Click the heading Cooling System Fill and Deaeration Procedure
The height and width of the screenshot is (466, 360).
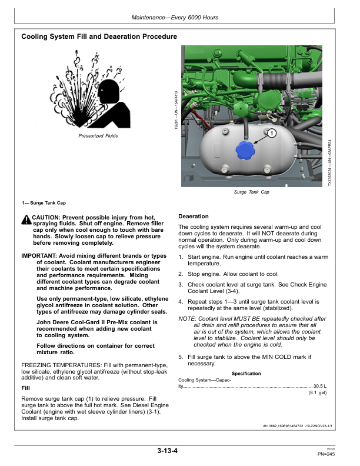click(99, 37)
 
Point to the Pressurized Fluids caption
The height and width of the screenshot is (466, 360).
click(98, 136)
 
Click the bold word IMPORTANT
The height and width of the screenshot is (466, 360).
click(39, 257)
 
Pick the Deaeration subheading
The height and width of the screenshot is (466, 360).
click(194, 217)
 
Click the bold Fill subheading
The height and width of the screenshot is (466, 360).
click(25, 388)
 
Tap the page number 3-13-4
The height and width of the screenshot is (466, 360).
click(168, 451)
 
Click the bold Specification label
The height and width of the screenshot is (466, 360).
click(246, 374)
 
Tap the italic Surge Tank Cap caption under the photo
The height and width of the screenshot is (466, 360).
click(252, 192)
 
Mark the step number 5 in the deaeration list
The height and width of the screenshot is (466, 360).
click(181, 357)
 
